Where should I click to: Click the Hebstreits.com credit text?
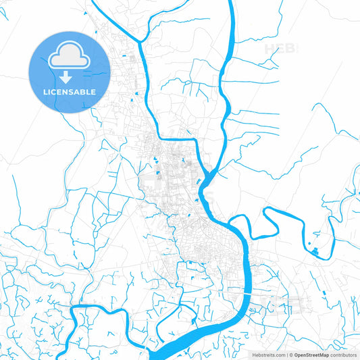coord(270,354)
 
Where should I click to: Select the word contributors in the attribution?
coord(343,354)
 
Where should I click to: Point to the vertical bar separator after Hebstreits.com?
coord(287,354)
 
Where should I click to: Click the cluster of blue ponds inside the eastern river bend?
coord(314,251)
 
